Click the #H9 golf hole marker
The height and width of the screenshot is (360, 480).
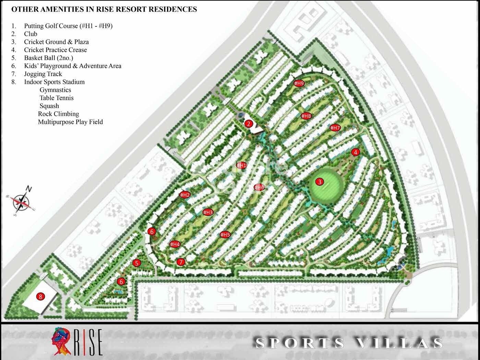click(x=299, y=83)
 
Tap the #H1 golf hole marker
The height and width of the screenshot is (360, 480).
click(x=242, y=166)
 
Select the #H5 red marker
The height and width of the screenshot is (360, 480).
click(x=225, y=235)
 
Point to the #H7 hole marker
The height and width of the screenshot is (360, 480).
click(x=335, y=128)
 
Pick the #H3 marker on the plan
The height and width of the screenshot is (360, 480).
click(x=208, y=212)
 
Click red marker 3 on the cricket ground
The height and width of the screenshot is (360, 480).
click(x=320, y=182)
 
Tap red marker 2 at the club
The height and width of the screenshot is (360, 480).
click(x=249, y=124)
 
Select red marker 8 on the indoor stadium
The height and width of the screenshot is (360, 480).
click(x=40, y=297)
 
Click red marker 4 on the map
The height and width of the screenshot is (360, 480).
click(x=356, y=152)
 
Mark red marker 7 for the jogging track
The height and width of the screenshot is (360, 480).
click(x=181, y=262)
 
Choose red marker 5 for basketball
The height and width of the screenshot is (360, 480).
click(x=137, y=263)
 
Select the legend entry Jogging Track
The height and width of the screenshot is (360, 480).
click(x=43, y=74)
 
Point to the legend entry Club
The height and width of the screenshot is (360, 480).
click(x=31, y=34)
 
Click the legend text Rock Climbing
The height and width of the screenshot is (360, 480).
click(x=58, y=114)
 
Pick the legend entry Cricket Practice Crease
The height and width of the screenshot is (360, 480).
click(x=55, y=50)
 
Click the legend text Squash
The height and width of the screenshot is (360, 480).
click(x=49, y=106)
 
